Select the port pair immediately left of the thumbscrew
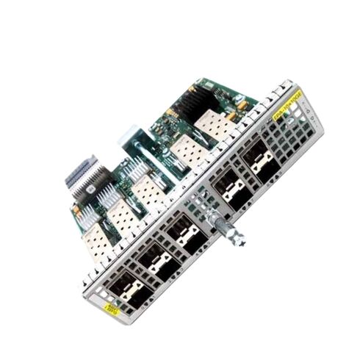[x=180, y=237]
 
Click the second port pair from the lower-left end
[x=154, y=262]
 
